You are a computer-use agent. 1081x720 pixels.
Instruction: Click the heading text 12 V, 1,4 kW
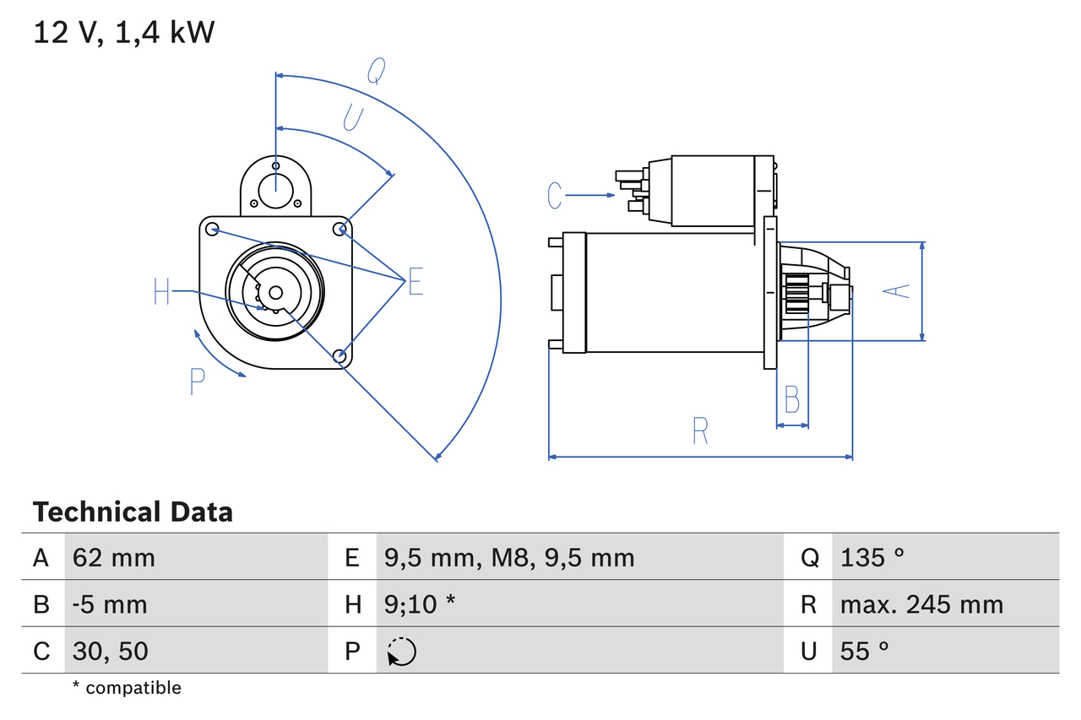click(x=124, y=33)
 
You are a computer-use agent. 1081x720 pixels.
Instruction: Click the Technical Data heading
click(x=133, y=512)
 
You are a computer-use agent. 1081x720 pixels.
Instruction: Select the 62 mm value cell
click(x=114, y=557)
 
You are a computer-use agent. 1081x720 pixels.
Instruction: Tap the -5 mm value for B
click(x=110, y=604)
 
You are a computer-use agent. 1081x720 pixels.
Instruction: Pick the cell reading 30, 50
click(x=111, y=651)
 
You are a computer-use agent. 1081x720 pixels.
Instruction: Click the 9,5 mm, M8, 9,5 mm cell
click(x=508, y=557)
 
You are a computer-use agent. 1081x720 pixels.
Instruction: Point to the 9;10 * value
click(x=420, y=604)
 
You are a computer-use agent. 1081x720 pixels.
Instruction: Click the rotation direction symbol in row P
click(x=401, y=652)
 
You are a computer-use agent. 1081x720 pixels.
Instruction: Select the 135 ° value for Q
click(x=872, y=557)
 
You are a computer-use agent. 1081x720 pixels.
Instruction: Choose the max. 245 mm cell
click(x=921, y=604)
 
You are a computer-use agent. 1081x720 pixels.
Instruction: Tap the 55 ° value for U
click(x=865, y=651)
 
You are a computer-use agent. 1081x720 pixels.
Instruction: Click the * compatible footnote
click(x=127, y=688)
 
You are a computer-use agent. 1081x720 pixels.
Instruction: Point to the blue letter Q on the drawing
click(x=376, y=73)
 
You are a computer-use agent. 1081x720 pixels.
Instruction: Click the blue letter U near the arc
click(x=353, y=117)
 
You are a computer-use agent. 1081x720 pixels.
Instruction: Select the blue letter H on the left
click(x=162, y=292)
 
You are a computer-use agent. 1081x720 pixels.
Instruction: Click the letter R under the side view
click(x=700, y=431)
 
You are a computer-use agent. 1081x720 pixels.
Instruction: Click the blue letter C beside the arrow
click(x=554, y=195)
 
